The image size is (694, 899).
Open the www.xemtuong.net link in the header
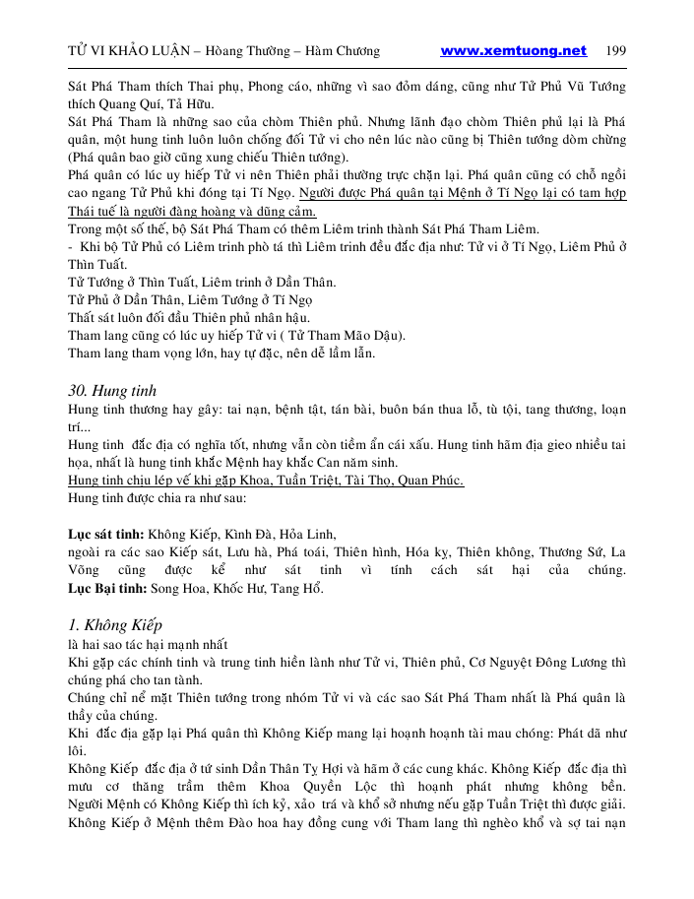(x=513, y=51)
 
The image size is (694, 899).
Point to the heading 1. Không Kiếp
(x=114, y=625)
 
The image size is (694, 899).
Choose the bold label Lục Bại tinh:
(x=106, y=590)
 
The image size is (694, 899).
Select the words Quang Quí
(x=138, y=103)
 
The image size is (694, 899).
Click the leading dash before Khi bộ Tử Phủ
(x=70, y=246)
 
